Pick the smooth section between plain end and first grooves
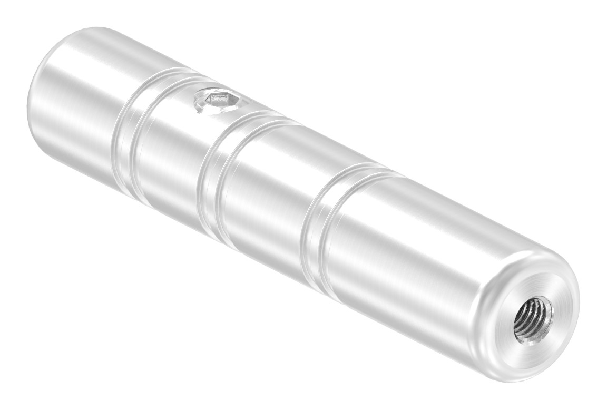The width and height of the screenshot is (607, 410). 79,105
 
